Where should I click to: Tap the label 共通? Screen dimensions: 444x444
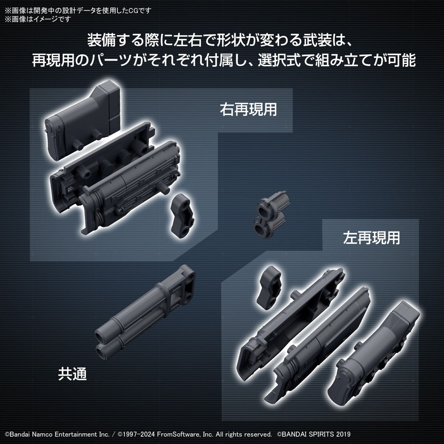72,374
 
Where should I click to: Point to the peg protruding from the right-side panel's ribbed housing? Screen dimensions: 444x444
165,188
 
